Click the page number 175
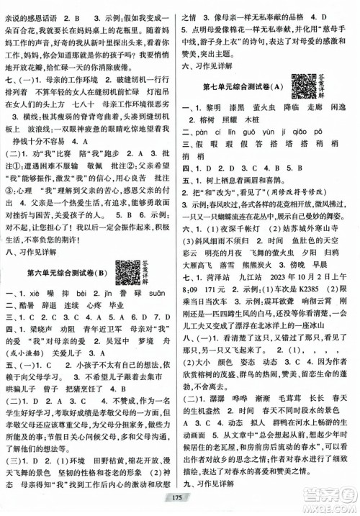pyautogui.click(x=179, y=504)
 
